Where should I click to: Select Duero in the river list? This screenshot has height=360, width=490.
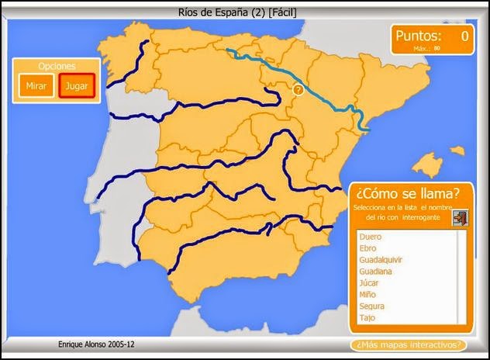click(371, 237)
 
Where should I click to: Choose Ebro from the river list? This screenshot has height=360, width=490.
click(369, 248)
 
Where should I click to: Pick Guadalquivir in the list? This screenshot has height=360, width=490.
click(381, 260)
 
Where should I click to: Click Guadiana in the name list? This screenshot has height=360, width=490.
click(376, 272)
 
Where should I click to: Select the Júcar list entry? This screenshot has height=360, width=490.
click(369, 283)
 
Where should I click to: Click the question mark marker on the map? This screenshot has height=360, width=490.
click(298, 90)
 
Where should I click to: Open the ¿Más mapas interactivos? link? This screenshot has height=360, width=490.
click(409, 344)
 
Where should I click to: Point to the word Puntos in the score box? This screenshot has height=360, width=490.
click(418, 36)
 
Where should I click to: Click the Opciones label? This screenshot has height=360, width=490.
click(55, 67)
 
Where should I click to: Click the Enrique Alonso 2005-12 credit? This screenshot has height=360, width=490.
click(90, 344)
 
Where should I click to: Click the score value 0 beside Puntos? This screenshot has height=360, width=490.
click(464, 36)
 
